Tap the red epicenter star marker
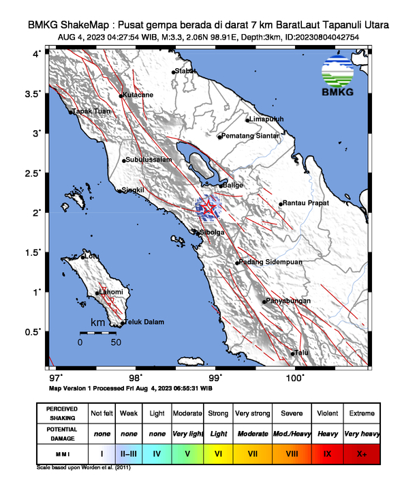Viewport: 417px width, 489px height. [206, 207]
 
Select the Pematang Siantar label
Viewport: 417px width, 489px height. [251, 136]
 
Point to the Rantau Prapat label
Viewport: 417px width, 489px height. [306, 203]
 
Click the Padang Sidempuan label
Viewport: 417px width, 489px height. [268, 263]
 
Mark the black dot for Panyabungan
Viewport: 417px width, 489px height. [264, 301]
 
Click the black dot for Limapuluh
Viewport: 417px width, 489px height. [247, 120]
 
